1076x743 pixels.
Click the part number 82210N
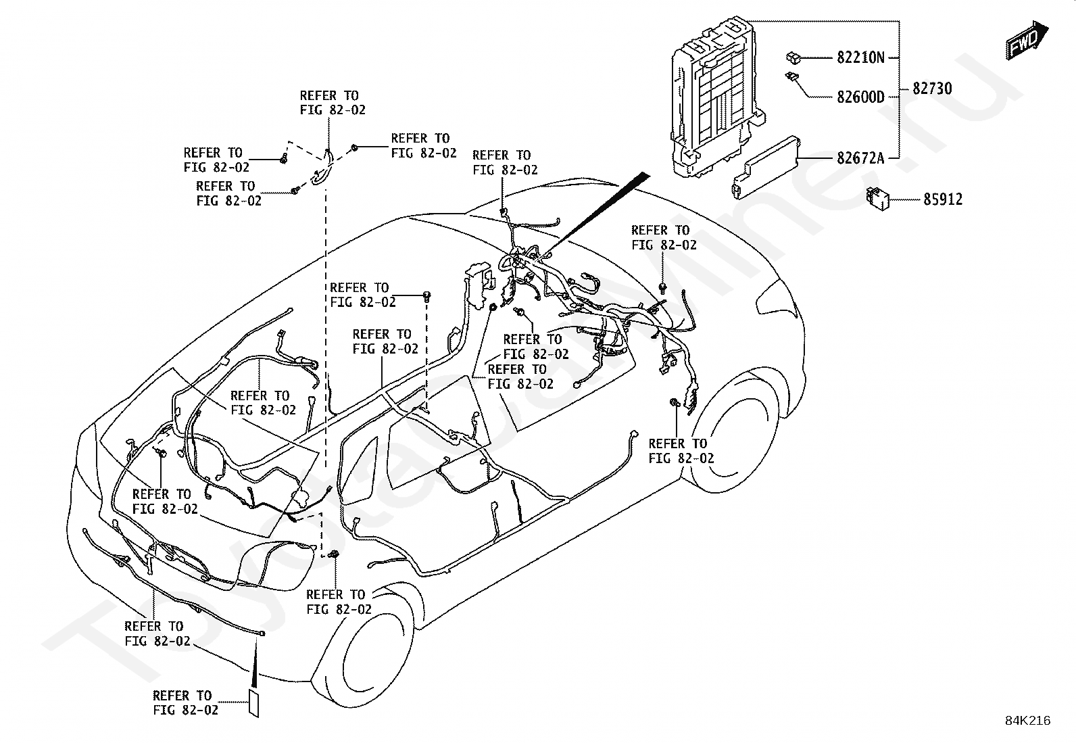click(x=860, y=57)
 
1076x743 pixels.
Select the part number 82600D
click(x=860, y=97)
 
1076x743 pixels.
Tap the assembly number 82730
click(x=932, y=89)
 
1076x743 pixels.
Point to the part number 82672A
click(x=860, y=158)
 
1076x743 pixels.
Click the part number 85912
click(x=943, y=199)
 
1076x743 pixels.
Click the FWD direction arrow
click(x=1027, y=41)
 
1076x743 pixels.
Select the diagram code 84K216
click(x=1027, y=721)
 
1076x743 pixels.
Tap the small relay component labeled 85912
click(x=877, y=199)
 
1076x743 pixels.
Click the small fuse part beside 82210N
click(x=793, y=58)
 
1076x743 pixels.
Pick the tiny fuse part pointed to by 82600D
click(x=791, y=76)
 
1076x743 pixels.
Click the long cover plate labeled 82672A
click(x=766, y=168)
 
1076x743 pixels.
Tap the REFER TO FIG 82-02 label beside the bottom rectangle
click(x=185, y=702)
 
